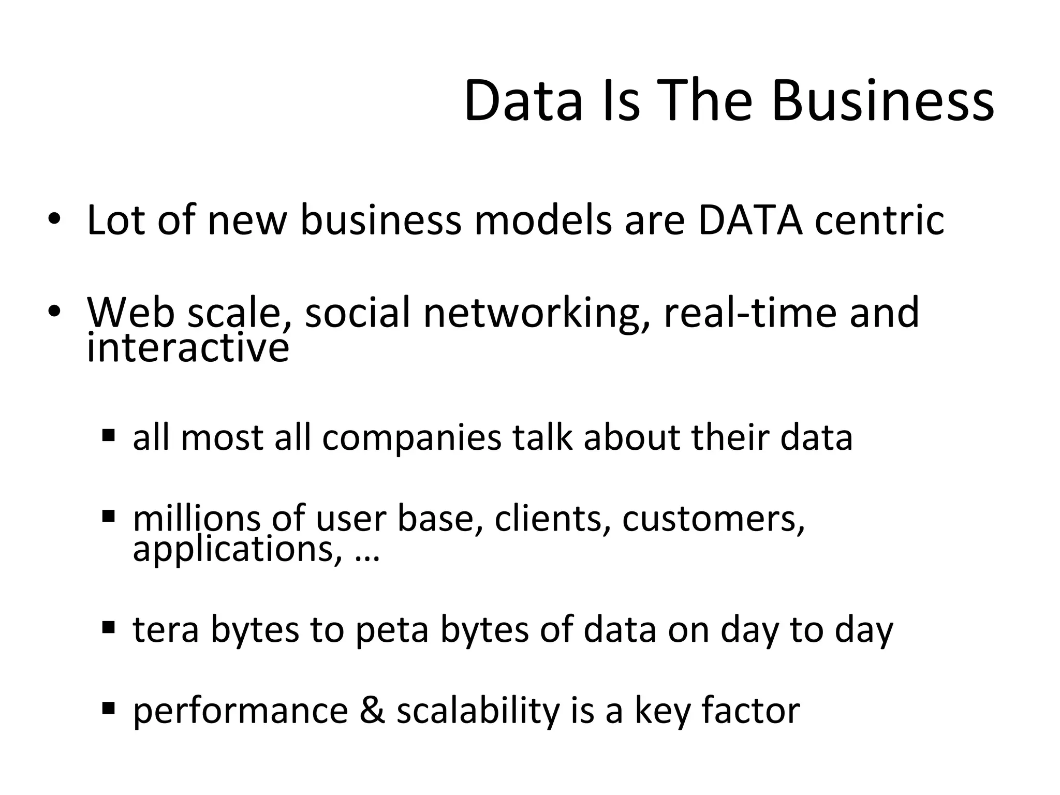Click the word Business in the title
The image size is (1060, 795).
click(882, 101)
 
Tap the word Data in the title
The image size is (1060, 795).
click(523, 101)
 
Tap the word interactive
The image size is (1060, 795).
click(188, 347)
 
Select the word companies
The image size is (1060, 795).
click(411, 437)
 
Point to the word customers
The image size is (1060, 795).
click(714, 519)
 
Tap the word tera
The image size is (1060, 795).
click(166, 630)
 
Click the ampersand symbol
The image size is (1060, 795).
click(372, 710)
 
